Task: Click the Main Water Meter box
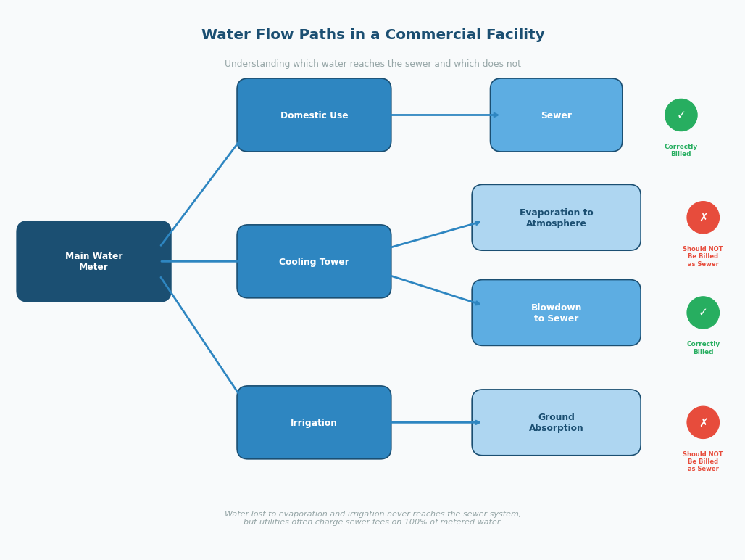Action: [x=93, y=261]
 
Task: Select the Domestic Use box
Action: [x=314, y=115]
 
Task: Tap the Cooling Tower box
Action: [x=314, y=261]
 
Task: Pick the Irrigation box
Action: [x=314, y=422]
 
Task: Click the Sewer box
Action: [x=556, y=115]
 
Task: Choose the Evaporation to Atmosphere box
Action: [x=556, y=218]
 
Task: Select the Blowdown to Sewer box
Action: [x=556, y=313]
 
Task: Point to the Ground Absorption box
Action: [x=556, y=422]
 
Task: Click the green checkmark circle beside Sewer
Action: [x=681, y=115]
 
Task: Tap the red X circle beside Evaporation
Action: [x=703, y=218]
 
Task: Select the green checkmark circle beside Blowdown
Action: [x=703, y=313]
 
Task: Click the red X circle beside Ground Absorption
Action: [x=703, y=422]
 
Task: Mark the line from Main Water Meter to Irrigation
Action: [x=199, y=335]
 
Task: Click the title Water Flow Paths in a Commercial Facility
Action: [x=372, y=35]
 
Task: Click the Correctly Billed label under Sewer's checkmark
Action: [x=681, y=150]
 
